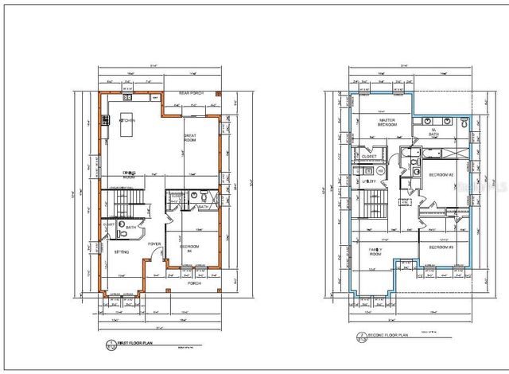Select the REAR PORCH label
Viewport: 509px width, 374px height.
click(192, 93)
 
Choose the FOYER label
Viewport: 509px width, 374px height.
click(153, 244)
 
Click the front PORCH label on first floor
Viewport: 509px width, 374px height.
click(193, 282)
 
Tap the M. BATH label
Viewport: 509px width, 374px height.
click(433, 132)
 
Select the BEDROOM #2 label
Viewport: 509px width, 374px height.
click(441, 174)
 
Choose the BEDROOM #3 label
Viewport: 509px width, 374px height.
click(441, 247)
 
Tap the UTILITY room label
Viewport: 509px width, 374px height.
click(368, 181)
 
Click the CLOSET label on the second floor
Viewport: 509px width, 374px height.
click(368, 157)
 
